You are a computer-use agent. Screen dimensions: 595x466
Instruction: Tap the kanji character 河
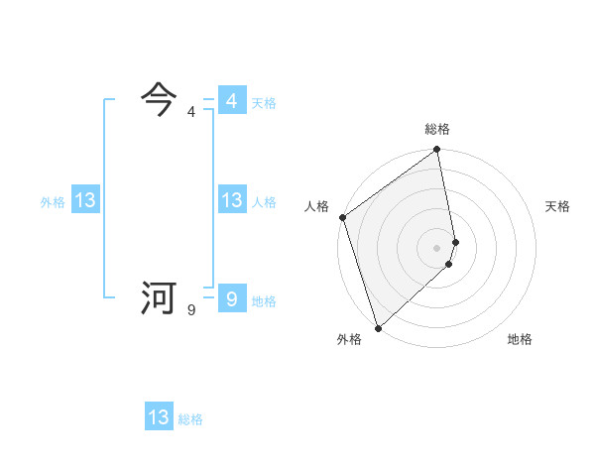(x=159, y=297)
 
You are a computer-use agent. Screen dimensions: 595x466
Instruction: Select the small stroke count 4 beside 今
(x=190, y=112)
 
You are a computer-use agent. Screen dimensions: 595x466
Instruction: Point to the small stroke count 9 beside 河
(x=190, y=310)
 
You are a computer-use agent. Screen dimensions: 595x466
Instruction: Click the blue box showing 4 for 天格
(x=231, y=101)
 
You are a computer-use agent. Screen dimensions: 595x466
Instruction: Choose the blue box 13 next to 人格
(x=231, y=200)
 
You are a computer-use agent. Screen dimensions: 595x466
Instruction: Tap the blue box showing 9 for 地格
(x=231, y=299)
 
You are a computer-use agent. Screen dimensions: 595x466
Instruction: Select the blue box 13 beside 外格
(x=85, y=200)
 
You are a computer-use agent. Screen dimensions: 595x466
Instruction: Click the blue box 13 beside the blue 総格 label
(x=159, y=417)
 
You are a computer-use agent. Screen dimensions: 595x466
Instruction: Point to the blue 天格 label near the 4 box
(x=264, y=102)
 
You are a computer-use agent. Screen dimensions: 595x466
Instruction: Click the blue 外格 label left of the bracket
(x=53, y=201)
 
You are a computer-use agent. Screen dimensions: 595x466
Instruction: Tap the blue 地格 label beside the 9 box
(x=264, y=300)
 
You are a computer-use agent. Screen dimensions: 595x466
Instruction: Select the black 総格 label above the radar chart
(x=437, y=129)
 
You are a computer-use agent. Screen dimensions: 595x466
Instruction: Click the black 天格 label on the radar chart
(x=557, y=206)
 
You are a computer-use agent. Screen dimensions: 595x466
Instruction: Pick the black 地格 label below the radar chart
(x=520, y=339)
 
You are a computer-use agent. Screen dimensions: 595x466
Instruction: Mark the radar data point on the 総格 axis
(x=437, y=151)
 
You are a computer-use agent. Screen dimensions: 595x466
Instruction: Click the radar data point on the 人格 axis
(x=342, y=217)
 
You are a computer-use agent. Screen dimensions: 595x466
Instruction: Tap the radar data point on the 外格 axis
(x=378, y=327)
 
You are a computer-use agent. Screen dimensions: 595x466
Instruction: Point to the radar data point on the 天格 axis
(x=456, y=241)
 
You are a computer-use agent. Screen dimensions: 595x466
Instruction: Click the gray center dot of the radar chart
(x=437, y=247)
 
